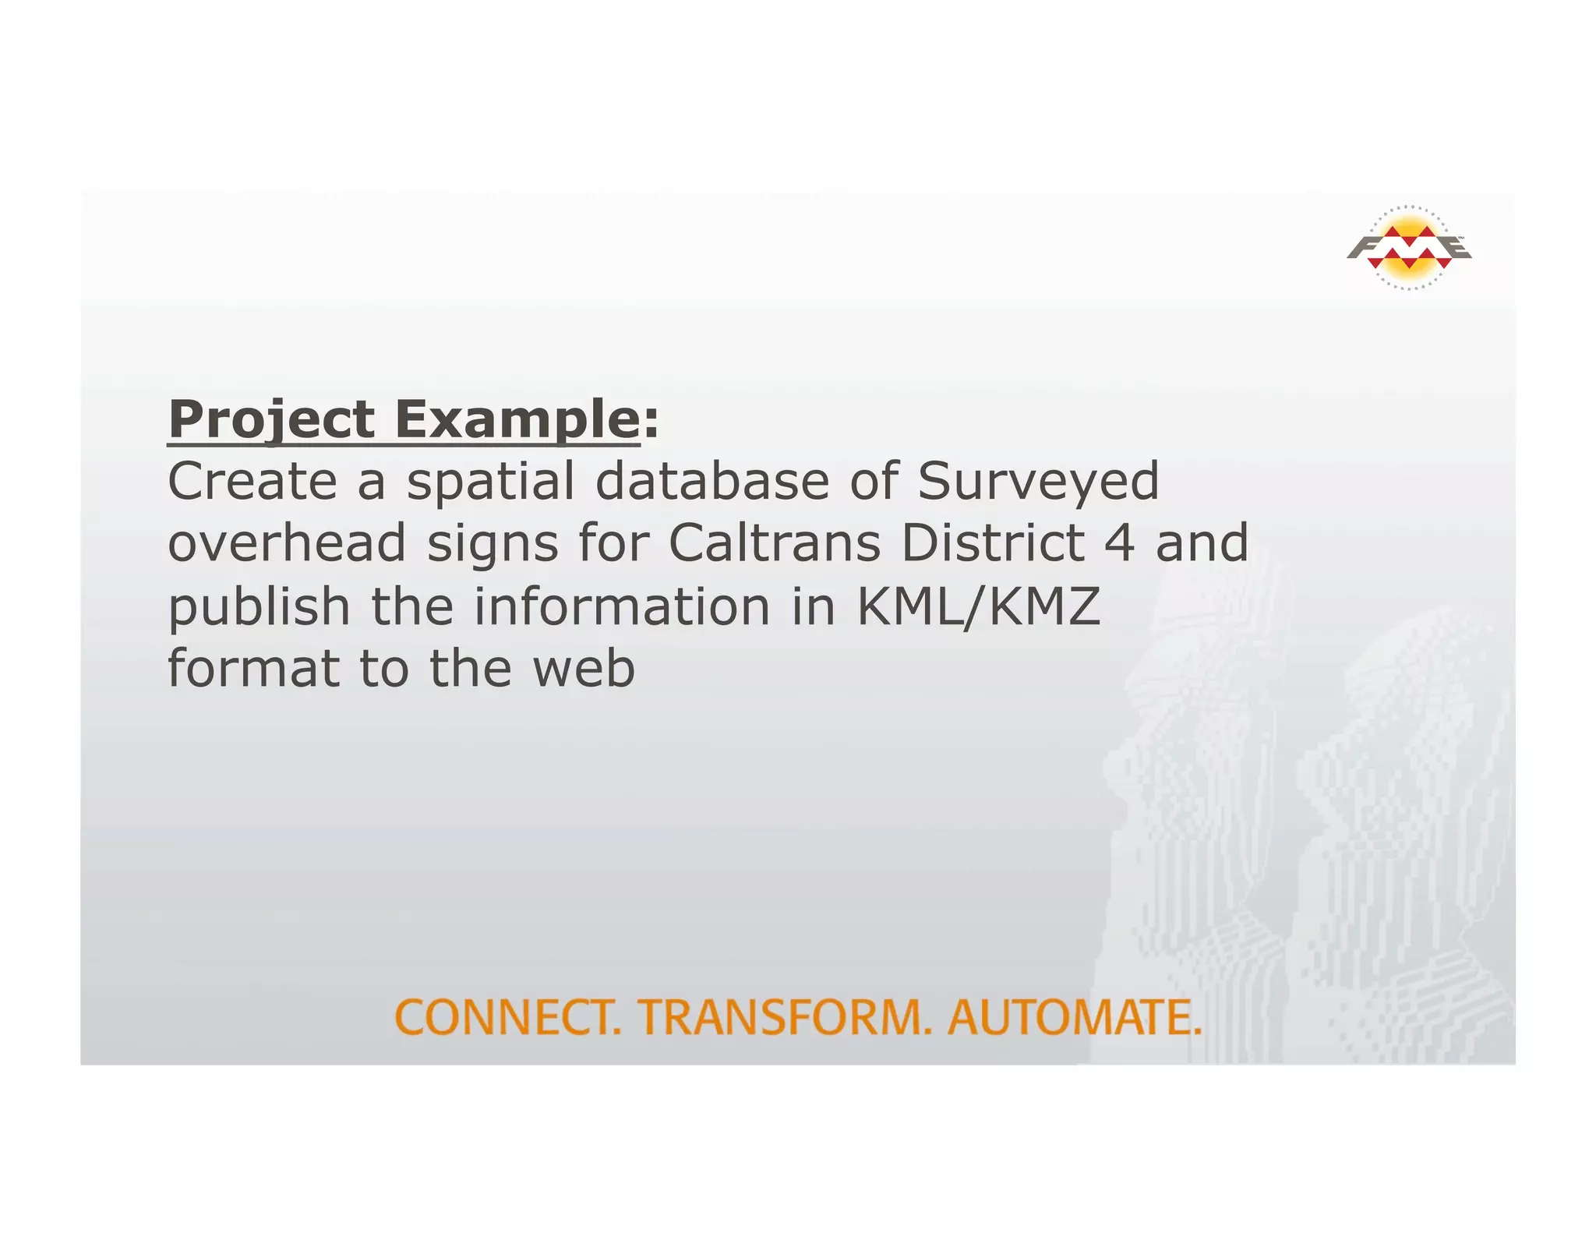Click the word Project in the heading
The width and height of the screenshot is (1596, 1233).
[271, 420]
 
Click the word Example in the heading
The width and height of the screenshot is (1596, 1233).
[517, 420]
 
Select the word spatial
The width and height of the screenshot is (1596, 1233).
[490, 482]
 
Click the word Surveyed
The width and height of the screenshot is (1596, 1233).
[1038, 482]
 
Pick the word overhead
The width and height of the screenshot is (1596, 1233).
[287, 543]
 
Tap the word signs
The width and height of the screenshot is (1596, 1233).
[493, 545]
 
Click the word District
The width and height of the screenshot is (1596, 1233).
[993, 543]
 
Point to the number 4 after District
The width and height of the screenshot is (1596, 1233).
[1120, 543]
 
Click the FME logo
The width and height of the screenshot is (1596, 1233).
[1408, 248]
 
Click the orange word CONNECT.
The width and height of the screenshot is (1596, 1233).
[508, 1017]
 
